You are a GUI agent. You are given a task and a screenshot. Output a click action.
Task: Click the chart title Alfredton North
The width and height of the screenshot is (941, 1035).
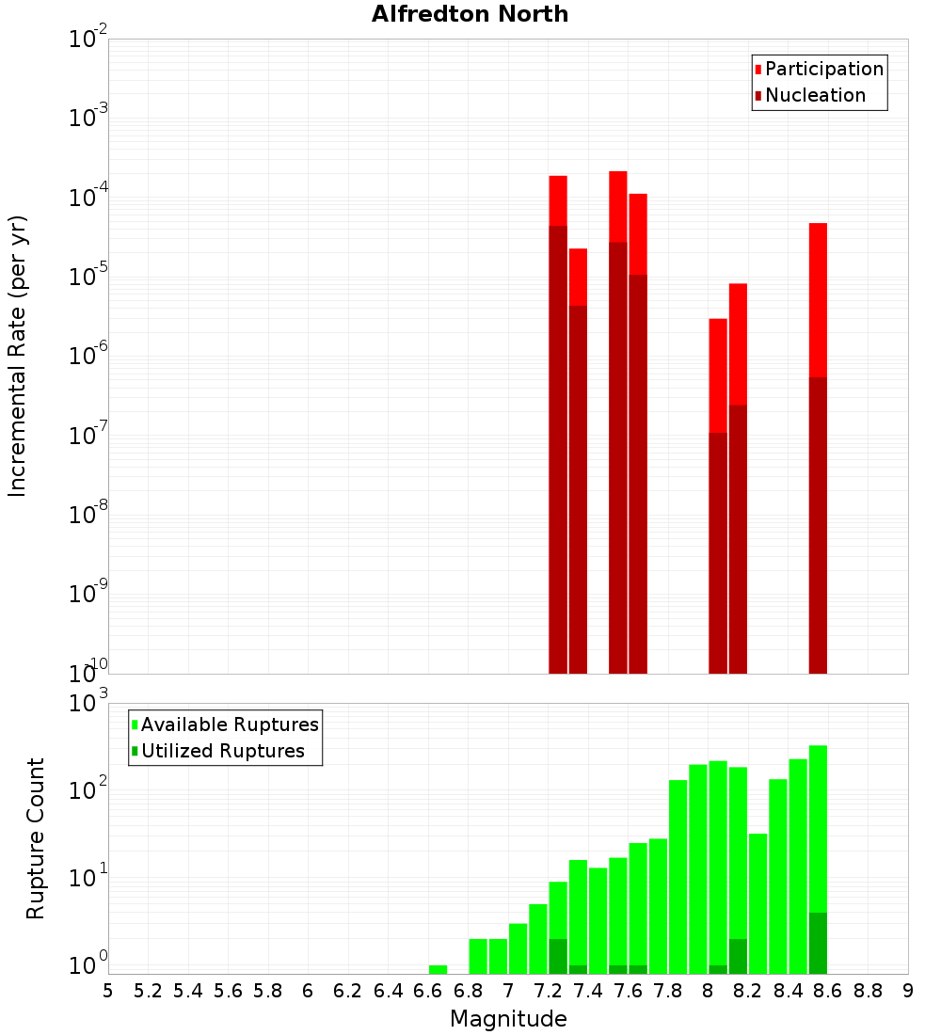[x=470, y=14]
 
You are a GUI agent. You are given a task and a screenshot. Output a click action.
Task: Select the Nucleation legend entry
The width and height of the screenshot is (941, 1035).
[x=815, y=95]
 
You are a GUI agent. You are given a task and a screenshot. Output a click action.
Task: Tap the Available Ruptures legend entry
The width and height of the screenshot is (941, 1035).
[x=230, y=724]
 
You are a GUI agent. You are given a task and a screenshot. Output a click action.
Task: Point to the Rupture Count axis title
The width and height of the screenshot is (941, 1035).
[x=36, y=838]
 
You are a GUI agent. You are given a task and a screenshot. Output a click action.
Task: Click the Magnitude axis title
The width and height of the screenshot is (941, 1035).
[x=508, y=1019]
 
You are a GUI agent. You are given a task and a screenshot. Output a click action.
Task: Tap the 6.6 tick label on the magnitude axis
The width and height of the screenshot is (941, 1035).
[x=427, y=991]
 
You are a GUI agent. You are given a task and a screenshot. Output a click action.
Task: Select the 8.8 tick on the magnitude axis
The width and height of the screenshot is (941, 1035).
[x=868, y=991]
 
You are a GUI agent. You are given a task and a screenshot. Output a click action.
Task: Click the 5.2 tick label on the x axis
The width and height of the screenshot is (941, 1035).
[x=148, y=991]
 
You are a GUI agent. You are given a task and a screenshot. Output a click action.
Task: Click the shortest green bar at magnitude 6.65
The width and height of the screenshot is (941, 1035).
[x=438, y=969]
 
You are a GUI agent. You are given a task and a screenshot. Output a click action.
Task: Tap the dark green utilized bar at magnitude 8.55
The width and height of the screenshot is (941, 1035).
[x=818, y=943]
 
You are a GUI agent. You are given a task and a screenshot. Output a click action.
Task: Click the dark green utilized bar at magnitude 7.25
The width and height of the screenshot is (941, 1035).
[x=558, y=956]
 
